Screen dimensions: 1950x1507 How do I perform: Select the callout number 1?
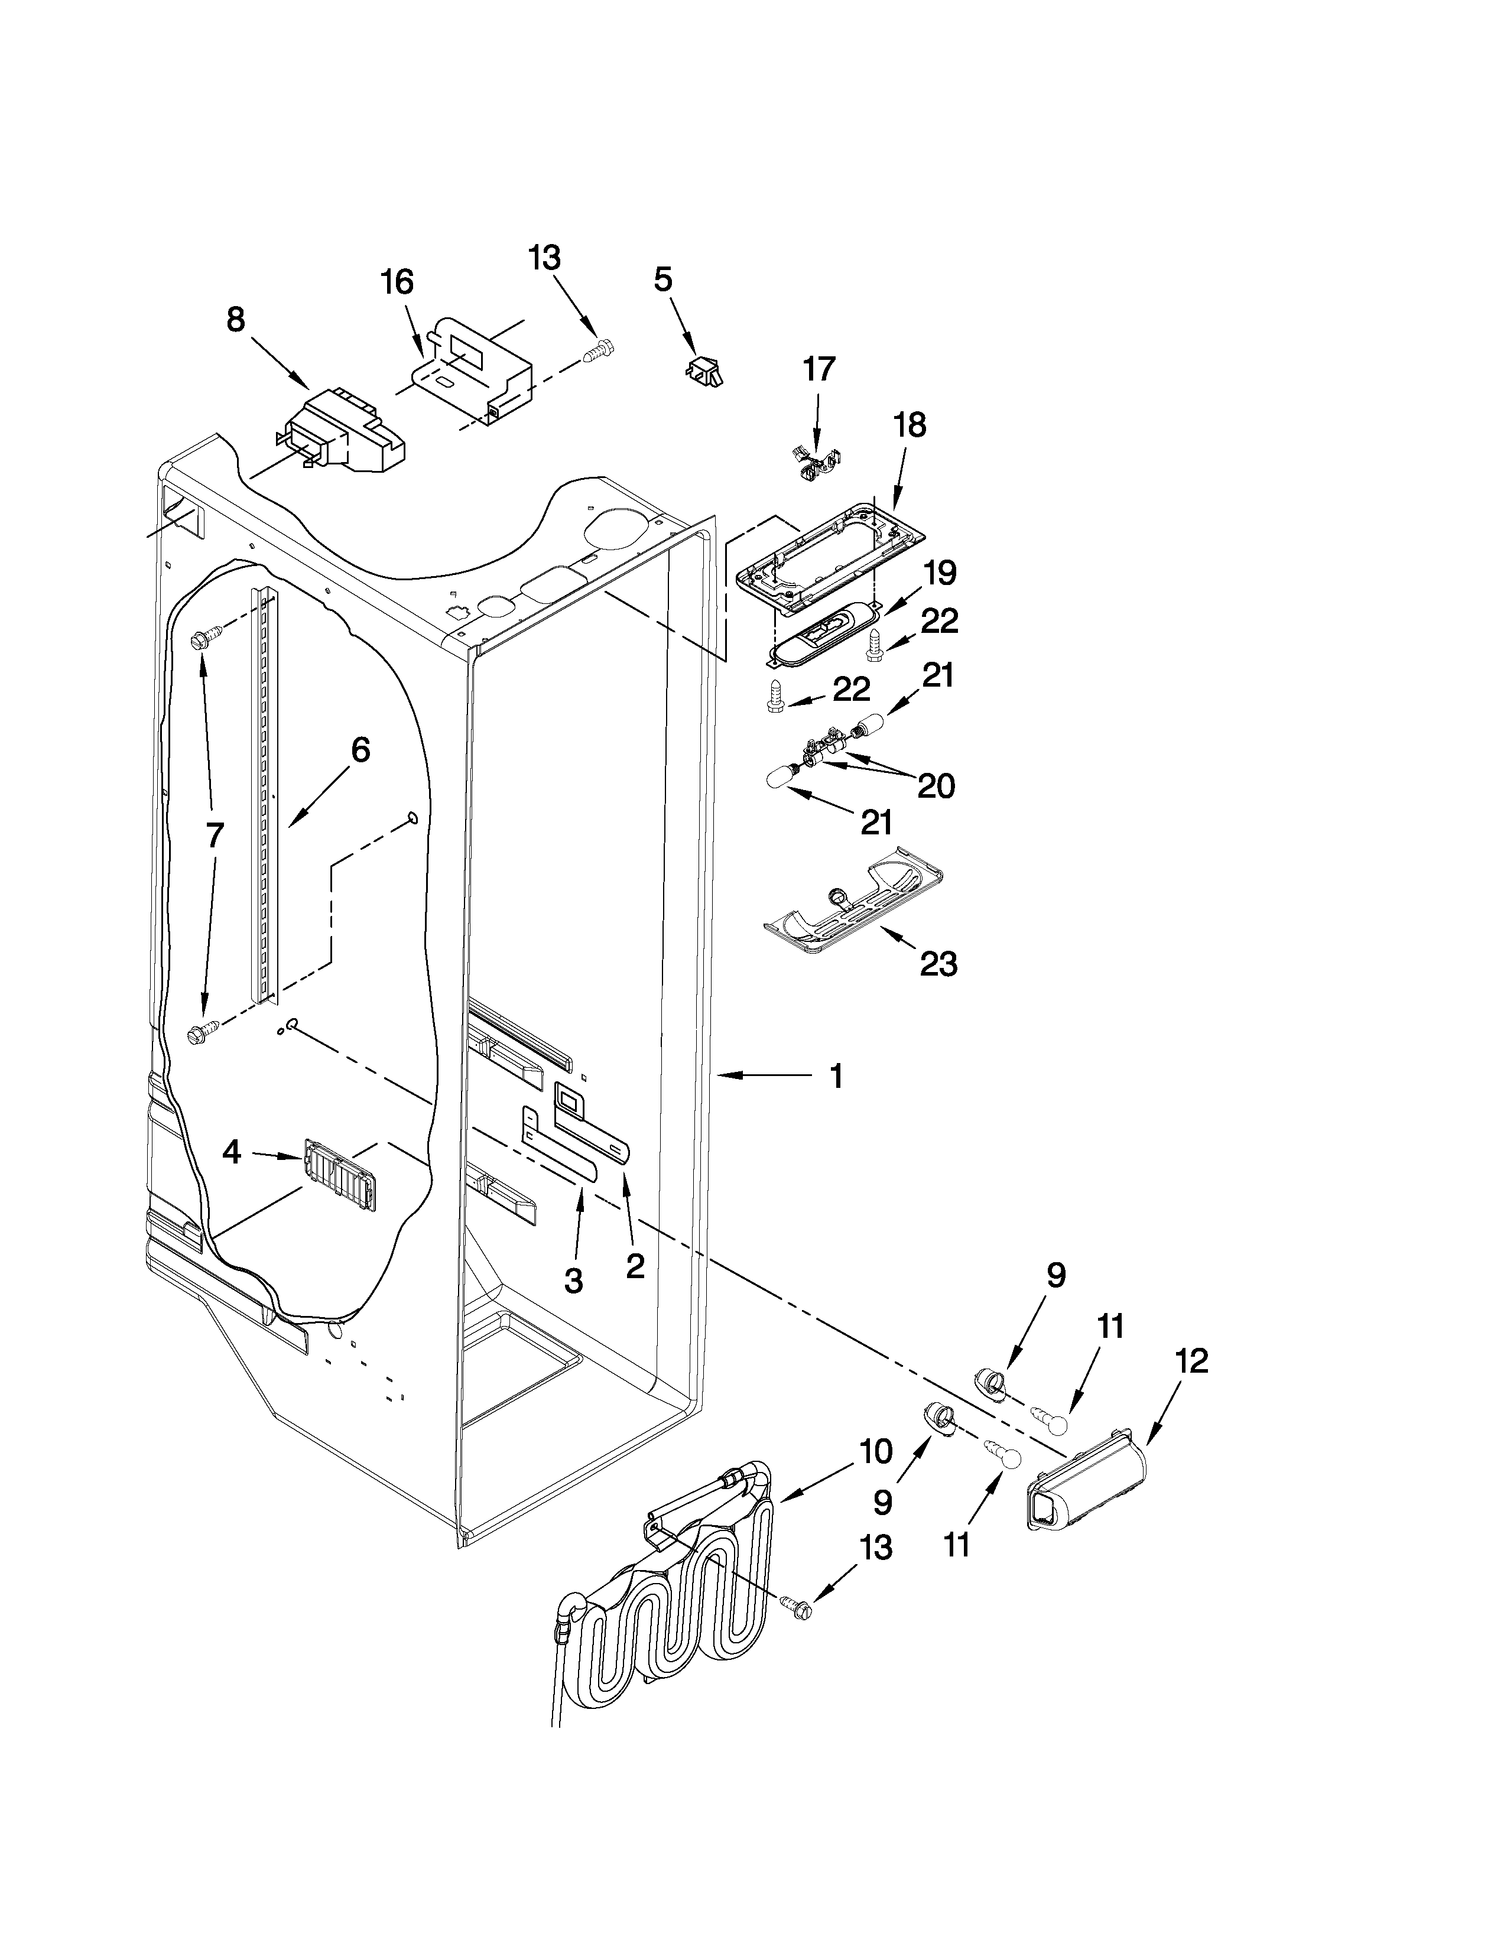tap(836, 1077)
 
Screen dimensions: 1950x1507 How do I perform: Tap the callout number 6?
tap(360, 750)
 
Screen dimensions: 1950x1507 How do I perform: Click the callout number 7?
tap(215, 836)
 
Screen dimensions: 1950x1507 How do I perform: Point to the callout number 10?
tap(876, 1452)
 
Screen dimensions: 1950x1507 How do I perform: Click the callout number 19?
tap(939, 573)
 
